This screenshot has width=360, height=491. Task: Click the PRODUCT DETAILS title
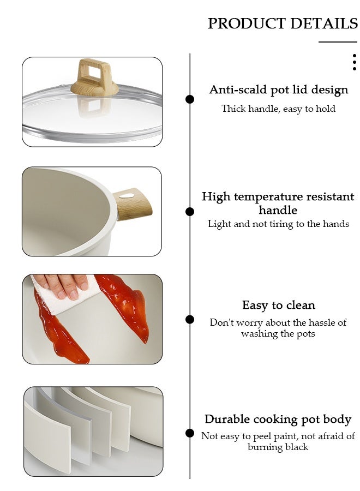click(x=283, y=23)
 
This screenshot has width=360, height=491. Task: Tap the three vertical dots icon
click(x=355, y=62)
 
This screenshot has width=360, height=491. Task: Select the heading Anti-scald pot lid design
click(x=278, y=89)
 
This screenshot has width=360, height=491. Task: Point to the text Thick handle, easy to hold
click(x=278, y=109)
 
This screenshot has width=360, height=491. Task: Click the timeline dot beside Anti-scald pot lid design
click(x=190, y=99)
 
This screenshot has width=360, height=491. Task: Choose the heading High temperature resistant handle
click(x=278, y=203)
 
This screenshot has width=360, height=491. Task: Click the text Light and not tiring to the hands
click(x=278, y=224)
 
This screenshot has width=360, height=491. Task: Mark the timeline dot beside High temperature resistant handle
click(x=190, y=212)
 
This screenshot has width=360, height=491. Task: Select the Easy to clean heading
click(x=278, y=305)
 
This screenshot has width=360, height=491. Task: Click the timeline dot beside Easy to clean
click(x=190, y=319)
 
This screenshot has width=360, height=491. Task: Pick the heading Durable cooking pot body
click(x=278, y=419)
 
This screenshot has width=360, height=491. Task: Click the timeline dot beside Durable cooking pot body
click(x=190, y=433)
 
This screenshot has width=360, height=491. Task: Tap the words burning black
click(x=278, y=447)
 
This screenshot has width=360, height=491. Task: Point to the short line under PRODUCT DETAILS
click(x=338, y=42)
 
